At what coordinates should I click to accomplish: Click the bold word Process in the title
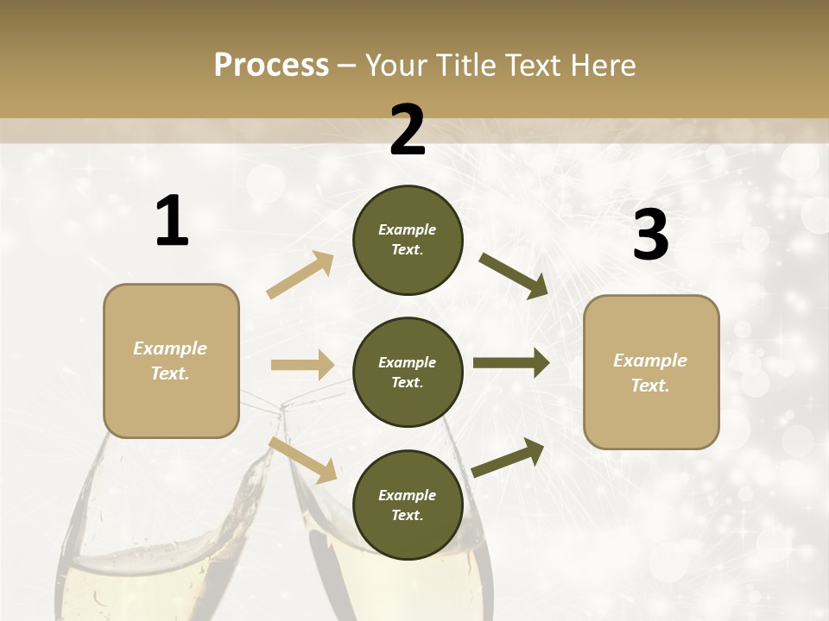click(271, 66)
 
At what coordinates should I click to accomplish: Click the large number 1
click(172, 221)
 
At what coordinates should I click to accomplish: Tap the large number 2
click(408, 130)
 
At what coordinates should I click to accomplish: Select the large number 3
click(650, 235)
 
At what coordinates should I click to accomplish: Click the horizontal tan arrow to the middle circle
click(302, 365)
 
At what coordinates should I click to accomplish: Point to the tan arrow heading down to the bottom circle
click(302, 459)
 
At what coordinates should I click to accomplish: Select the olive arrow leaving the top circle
click(513, 275)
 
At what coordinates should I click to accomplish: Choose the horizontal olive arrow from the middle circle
click(510, 363)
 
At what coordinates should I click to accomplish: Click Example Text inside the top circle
click(408, 240)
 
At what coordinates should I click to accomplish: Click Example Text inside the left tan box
click(170, 361)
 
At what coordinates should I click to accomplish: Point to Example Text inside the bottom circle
click(408, 505)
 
